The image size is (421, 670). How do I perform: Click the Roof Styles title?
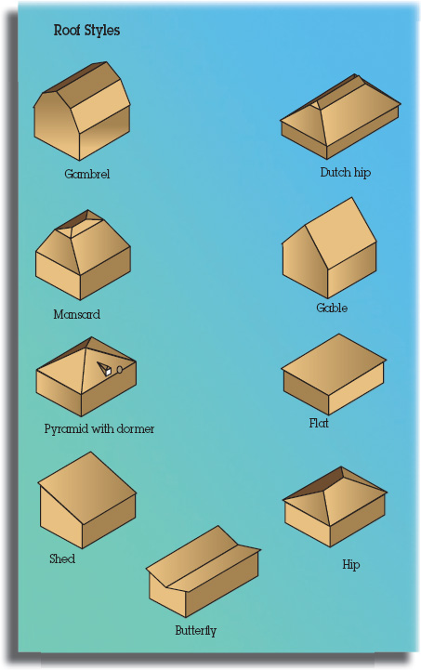click(86, 31)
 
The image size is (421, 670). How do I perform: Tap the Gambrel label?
click(86, 174)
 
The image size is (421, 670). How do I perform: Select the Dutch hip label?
click(346, 172)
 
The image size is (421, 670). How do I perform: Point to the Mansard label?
click(77, 314)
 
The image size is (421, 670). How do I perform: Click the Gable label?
click(332, 308)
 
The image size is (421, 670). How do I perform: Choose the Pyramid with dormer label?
click(99, 428)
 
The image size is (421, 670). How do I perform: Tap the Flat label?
click(319, 423)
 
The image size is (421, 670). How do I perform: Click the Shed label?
click(62, 558)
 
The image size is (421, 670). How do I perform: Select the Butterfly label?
click(196, 630)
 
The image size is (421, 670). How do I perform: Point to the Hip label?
click(351, 564)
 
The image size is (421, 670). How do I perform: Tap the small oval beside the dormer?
click(120, 369)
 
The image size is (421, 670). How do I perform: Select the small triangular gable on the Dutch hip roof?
click(315, 105)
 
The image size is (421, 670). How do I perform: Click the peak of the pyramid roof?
click(90, 337)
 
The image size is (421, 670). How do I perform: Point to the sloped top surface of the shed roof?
click(87, 488)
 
